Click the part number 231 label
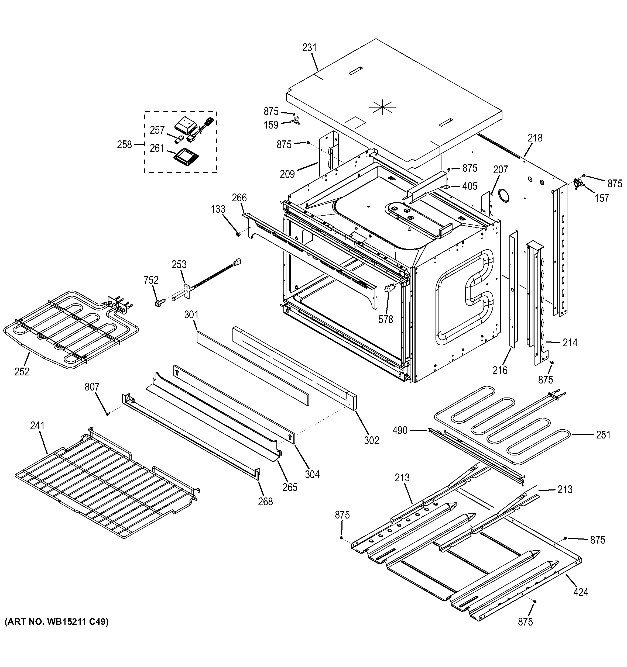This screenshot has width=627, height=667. click(309, 48)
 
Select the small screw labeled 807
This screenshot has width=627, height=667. click(107, 414)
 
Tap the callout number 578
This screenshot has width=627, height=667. click(385, 319)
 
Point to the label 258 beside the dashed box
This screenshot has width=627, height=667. click(124, 145)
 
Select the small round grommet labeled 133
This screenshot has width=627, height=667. click(238, 233)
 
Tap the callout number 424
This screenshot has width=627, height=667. click(580, 592)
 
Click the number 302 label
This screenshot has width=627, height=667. click(371, 440)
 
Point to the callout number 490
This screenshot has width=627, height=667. click(400, 430)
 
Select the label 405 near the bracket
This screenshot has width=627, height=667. click(470, 186)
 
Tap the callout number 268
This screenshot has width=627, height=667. click(265, 501)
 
